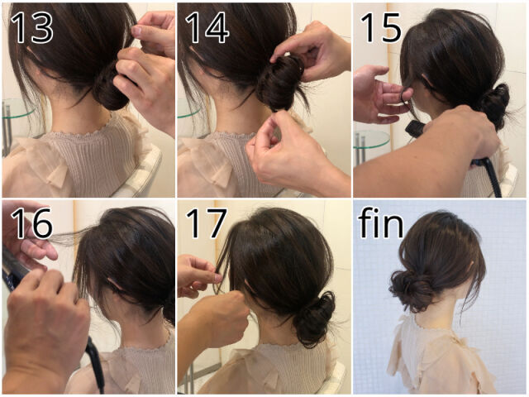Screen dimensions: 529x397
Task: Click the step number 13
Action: (x=31, y=27)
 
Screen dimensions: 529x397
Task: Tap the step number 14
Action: (x=207, y=27)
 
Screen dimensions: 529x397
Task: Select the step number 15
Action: (x=381, y=27)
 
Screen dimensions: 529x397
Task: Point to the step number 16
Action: (x=31, y=223)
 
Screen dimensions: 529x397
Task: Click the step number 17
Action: (x=207, y=223)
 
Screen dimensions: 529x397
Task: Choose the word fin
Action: (x=381, y=222)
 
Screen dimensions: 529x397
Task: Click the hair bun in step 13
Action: (x=112, y=88)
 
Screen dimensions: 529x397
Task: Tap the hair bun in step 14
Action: (x=281, y=84)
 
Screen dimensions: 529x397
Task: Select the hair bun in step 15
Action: (x=494, y=104)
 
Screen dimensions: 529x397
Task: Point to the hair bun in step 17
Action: (x=314, y=319)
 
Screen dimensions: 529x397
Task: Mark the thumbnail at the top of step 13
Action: (x=136, y=31)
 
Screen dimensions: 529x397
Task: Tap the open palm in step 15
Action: (x=378, y=94)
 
